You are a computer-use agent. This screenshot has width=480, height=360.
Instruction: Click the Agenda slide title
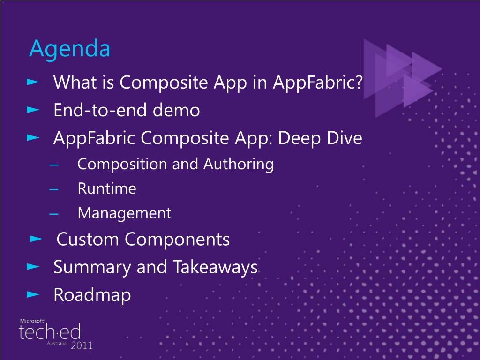69,49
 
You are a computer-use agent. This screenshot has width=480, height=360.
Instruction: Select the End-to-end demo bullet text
127,110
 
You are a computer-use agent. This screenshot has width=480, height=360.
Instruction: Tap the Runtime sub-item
107,188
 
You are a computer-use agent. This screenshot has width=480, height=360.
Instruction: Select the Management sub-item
125,213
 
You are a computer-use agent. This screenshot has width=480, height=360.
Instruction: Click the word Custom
87,239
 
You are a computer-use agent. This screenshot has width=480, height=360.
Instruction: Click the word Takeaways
216,267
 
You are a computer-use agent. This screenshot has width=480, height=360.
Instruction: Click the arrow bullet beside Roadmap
33,294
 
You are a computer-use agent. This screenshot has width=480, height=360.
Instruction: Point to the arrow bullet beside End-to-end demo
33,110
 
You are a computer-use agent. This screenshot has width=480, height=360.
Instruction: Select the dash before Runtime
54,189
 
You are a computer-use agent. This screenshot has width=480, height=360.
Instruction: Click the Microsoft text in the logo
32,321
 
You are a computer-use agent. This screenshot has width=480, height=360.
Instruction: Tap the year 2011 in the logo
82,345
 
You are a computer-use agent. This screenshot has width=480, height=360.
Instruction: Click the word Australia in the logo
57,344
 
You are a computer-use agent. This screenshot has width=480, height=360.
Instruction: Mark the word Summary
92,267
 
